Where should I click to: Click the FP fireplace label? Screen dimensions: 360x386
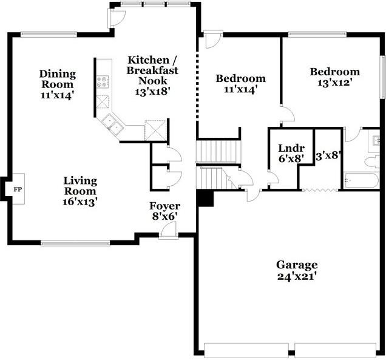tap(17, 189)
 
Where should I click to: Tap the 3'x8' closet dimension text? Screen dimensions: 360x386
tap(328, 156)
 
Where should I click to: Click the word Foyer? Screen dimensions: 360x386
tap(165, 206)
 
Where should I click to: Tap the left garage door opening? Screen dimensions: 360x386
tap(246, 350)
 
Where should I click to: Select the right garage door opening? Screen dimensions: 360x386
tap(336, 350)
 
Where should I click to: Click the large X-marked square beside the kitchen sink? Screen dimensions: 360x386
tap(156, 129)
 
